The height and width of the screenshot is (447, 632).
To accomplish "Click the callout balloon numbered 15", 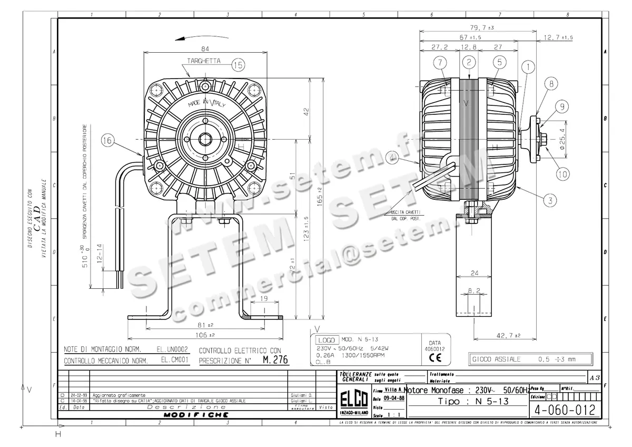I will (238, 65).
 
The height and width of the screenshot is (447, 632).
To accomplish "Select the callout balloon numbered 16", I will (107, 141).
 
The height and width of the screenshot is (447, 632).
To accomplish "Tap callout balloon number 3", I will (549, 200).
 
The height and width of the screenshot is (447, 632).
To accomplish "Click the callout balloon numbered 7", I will (440, 63).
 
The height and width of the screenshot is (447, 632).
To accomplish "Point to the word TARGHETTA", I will (203, 61).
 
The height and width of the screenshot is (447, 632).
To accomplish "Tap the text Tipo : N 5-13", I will (468, 402).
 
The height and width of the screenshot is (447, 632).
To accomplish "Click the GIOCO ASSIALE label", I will (496, 359).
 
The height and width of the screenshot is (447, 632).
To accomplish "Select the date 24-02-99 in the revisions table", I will (77, 395).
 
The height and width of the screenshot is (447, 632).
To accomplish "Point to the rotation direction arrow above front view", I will (192, 37).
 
